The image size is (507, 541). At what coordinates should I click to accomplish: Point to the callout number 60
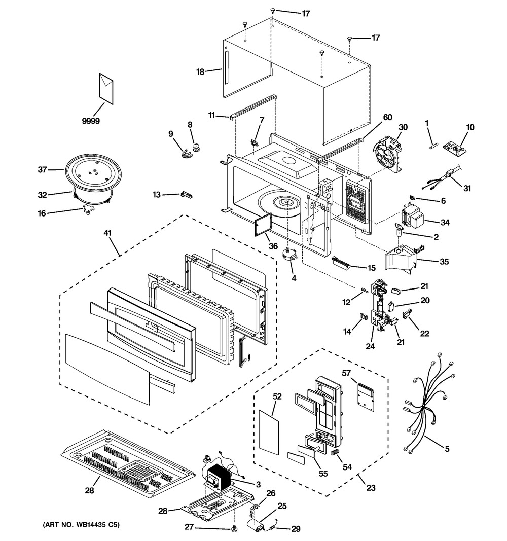coord(387,118)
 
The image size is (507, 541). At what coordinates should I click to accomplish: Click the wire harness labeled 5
coord(426,411)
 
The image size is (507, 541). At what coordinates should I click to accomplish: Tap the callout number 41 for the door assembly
coord(107,233)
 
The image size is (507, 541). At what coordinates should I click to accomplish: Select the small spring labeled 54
coord(335,452)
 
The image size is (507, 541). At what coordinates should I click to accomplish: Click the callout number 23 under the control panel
coord(371,488)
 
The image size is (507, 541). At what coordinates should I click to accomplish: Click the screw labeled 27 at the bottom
coord(234,529)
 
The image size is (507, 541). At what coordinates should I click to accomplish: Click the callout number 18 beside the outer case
coord(200,72)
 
